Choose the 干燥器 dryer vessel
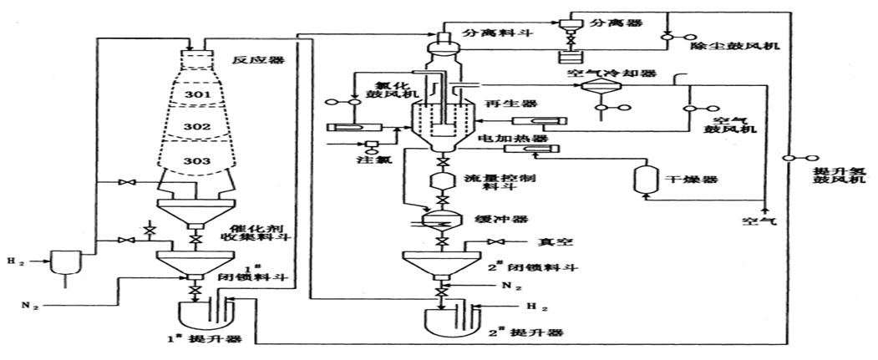point(644,179)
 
